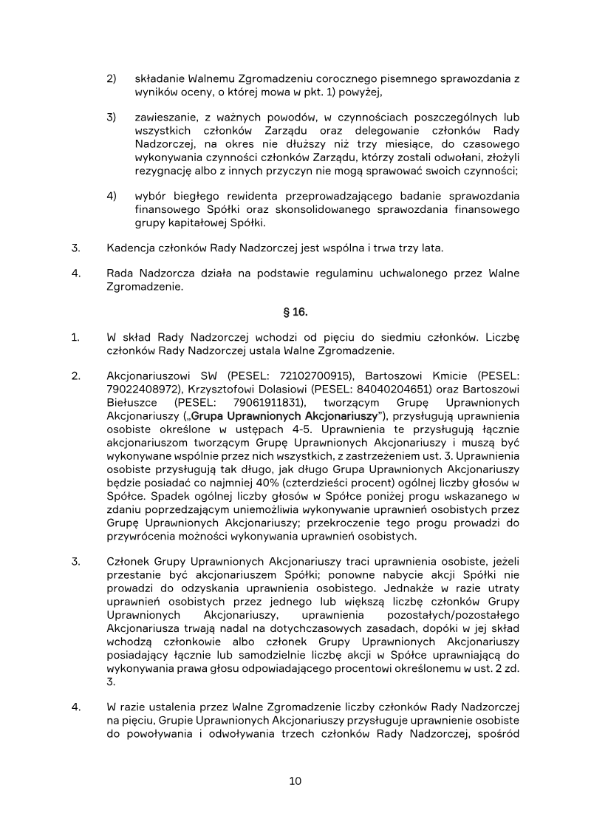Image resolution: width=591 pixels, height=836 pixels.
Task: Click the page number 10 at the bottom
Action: point(295,781)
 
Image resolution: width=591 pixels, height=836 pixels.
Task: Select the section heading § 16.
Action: point(295,312)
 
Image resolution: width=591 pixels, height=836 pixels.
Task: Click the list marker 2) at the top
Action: point(112,78)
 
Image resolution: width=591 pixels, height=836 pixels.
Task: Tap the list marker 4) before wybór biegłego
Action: point(112,196)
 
